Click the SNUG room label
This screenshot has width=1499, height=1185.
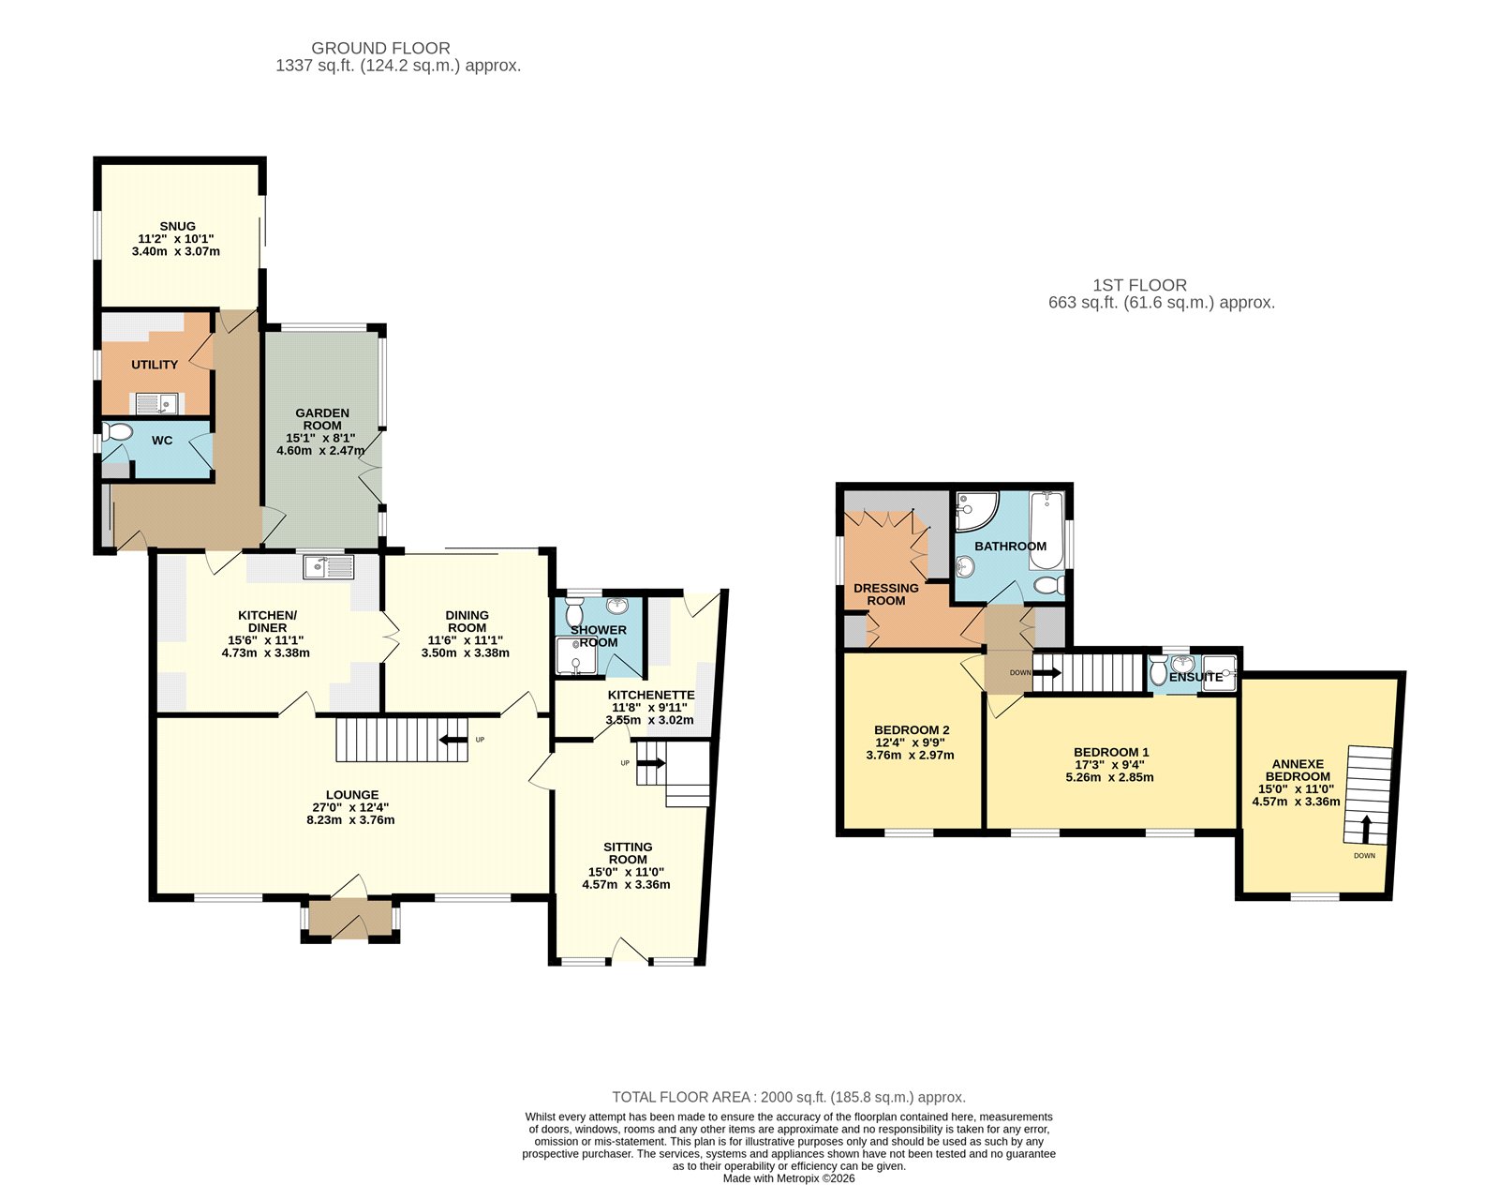pos(178,227)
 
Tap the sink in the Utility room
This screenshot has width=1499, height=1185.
pos(156,404)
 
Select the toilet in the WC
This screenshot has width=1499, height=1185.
pos(116,433)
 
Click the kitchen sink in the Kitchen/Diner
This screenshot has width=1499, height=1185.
pos(329,566)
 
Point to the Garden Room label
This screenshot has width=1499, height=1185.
pos(321,419)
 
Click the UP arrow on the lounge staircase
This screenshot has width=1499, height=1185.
pos(453,741)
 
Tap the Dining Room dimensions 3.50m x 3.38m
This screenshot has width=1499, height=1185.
pos(466,653)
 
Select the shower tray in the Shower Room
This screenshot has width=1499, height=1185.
pos(576,656)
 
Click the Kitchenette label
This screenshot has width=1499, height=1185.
pos(651,695)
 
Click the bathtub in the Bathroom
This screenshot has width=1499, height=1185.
pos(1046,532)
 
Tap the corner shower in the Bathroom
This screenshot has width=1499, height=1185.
pos(976,510)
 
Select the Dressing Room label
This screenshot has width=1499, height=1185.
pos(886,593)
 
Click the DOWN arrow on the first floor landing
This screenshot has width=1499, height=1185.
pos(1046,673)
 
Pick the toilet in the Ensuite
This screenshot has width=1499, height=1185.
pos(1158,670)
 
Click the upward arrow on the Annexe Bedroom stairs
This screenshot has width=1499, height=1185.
pos(1365,830)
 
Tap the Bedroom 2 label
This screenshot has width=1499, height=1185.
pos(912,729)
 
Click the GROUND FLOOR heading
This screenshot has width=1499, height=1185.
pos(380,48)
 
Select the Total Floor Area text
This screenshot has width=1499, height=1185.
pos(789,1097)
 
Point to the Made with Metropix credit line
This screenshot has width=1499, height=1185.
pos(789,1178)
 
